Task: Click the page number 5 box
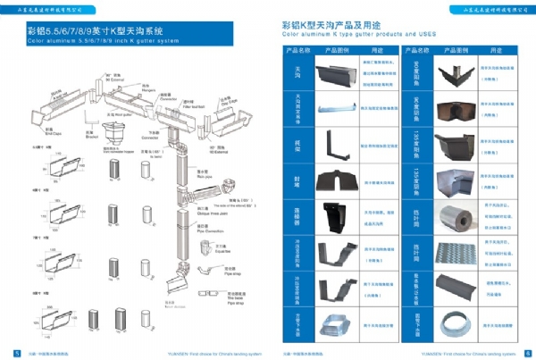[8, 351]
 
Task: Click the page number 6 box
[528, 351]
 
